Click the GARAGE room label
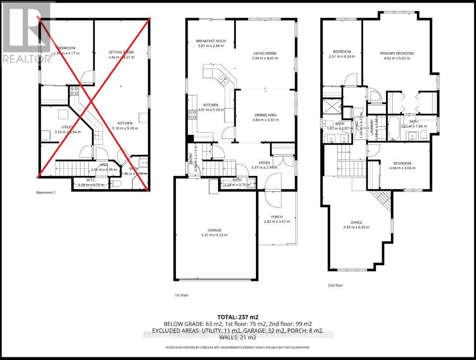[214, 230]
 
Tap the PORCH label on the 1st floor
[265, 222]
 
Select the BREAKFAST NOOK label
[211, 41]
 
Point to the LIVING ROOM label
[265, 53]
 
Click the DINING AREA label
[265, 115]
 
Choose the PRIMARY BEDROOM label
[397, 53]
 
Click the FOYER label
[265, 163]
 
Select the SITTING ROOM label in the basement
[121, 52]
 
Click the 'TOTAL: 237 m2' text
[238, 317]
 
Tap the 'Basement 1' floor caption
[47, 192]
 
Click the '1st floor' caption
[181, 295]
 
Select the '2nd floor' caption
[335, 285]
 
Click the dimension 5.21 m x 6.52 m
[214, 235]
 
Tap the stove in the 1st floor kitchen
[193, 115]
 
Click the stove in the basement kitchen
[73, 91]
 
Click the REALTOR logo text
[25, 59]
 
